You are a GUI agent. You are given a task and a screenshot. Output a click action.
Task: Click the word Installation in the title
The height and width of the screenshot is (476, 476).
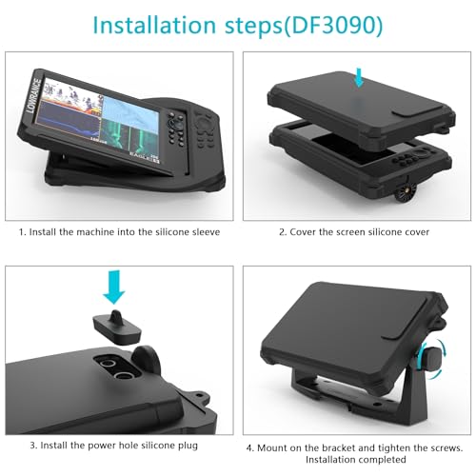[x=154, y=25]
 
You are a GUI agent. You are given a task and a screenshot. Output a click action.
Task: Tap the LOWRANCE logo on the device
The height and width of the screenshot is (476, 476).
[x=34, y=95]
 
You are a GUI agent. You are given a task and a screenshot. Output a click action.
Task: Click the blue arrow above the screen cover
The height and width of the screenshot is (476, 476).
[x=359, y=77]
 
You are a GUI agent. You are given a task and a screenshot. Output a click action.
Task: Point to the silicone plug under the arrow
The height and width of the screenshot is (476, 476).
[x=117, y=328]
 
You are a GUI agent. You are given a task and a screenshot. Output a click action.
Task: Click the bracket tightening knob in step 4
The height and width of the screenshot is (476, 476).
[x=431, y=359]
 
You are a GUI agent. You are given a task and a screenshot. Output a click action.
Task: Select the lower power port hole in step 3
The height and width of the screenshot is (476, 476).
[x=124, y=376]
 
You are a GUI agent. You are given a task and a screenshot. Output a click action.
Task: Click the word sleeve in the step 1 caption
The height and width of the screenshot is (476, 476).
[x=207, y=232]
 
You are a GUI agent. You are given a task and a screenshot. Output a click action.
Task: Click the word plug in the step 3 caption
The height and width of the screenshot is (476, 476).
[x=188, y=446]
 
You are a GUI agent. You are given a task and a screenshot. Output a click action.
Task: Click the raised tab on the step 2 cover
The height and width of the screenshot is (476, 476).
[x=413, y=110]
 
